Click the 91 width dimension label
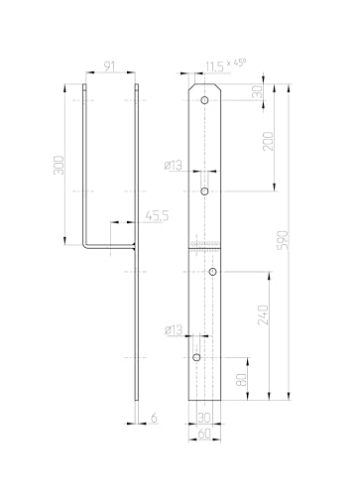pyautogui.click(x=109, y=66)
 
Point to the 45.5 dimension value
pyautogui.click(x=157, y=216)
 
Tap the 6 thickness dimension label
pyautogui.click(x=154, y=418)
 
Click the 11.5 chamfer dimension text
pyautogui.click(x=214, y=66)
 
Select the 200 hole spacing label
pyautogui.click(x=269, y=141)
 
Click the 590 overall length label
pyautogui.click(x=284, y=240)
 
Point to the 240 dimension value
pyautogui.click(x=264, y=314)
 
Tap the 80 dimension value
pyautogui.click(x=242, y=379)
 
